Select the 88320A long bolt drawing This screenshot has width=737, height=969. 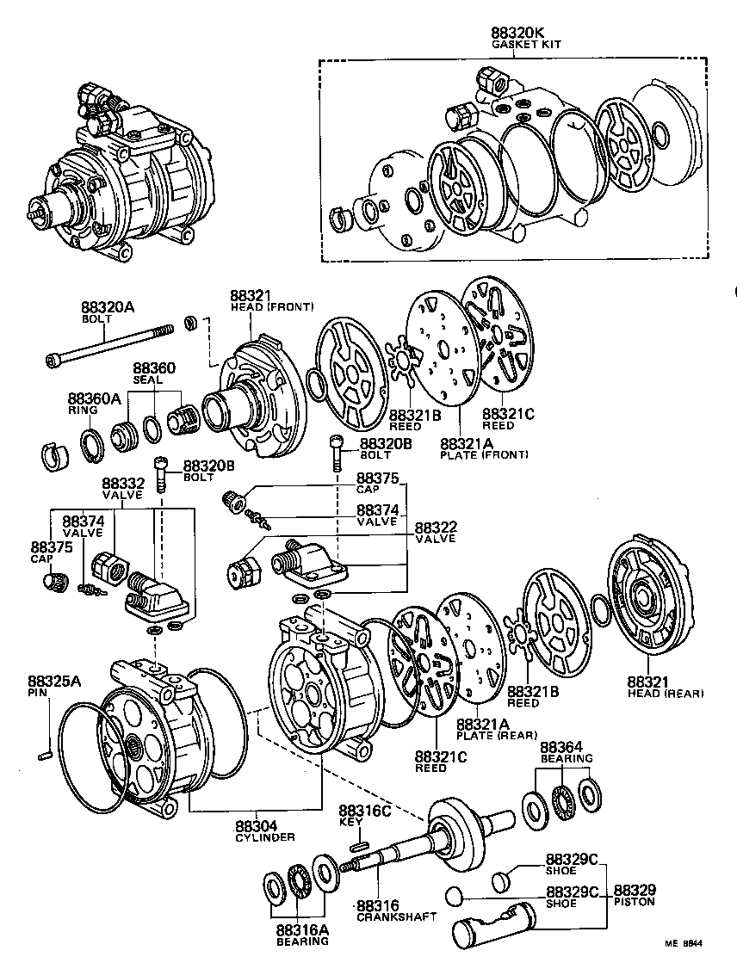pyautogui.click(x=112, y=343)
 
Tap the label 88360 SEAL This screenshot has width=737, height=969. pyautogui.click(x=154, y=373)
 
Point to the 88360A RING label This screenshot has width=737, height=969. pyautogui.click(x=90, y=404)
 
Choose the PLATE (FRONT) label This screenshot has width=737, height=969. pyautogui.click(x=484, y=454)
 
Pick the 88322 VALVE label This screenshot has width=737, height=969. pyautogui.click(x=436, y=533)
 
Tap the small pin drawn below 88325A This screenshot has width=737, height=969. pyautogui.click(x=47, y=756)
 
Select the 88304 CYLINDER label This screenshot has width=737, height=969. pyautogui.click(x=264, y=830)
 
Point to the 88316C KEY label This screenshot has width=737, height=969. pyautogui.click(x=364, y=816)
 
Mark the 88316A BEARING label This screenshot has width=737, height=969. pyautogui.click(x=302, y=935)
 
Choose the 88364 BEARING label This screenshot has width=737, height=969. pyautogui.click(x=566, y=751)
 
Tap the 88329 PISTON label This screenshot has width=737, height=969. pyautogui.click(x=634, y=895)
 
